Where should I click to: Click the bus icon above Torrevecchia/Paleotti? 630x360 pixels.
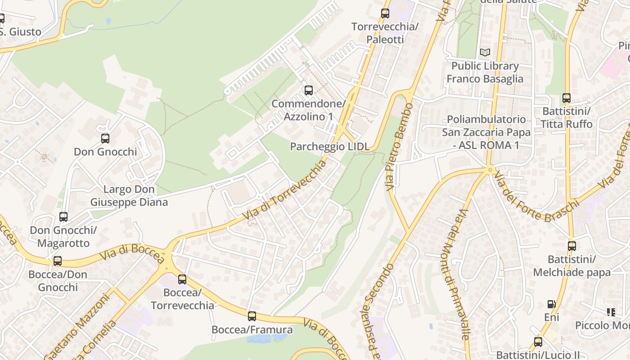pyautogui.click(x=385, y=13)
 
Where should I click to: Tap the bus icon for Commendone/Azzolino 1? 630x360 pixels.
pyautogui.click(x=308, y=90)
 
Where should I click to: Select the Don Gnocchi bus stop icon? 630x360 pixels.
pyautogui.click(x=105, y=139)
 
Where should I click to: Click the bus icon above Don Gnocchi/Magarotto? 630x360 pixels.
pyautogui.click(x=63, y=217)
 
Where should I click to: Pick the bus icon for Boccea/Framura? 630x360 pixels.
pyautogui.click(x=252, y=316)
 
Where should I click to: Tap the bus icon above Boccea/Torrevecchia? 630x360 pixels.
pyautogui.click(x=182, y=279)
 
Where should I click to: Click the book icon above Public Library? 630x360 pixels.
pyautogui.click(x=485, y=53)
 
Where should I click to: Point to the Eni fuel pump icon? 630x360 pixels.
pyautogui.click(x=551, y=304)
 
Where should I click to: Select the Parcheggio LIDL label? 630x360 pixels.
pyautogui.click(x=330, y=146)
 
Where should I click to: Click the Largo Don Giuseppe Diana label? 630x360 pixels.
pyautogui.click(x=129, y=196)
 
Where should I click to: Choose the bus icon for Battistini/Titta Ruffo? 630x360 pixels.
pyautogui.click(x=566, y=98)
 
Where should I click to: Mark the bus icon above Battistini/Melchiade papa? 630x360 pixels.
pyautogui.click(x=571, y=246)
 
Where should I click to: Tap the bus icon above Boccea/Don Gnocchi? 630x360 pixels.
pyautogui.click(x=58, y=261)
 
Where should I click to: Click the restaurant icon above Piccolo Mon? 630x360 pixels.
pyautogui.click(x=611, y=312)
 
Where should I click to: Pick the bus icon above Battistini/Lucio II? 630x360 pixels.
pyautogui.click(x=538, y=342)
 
